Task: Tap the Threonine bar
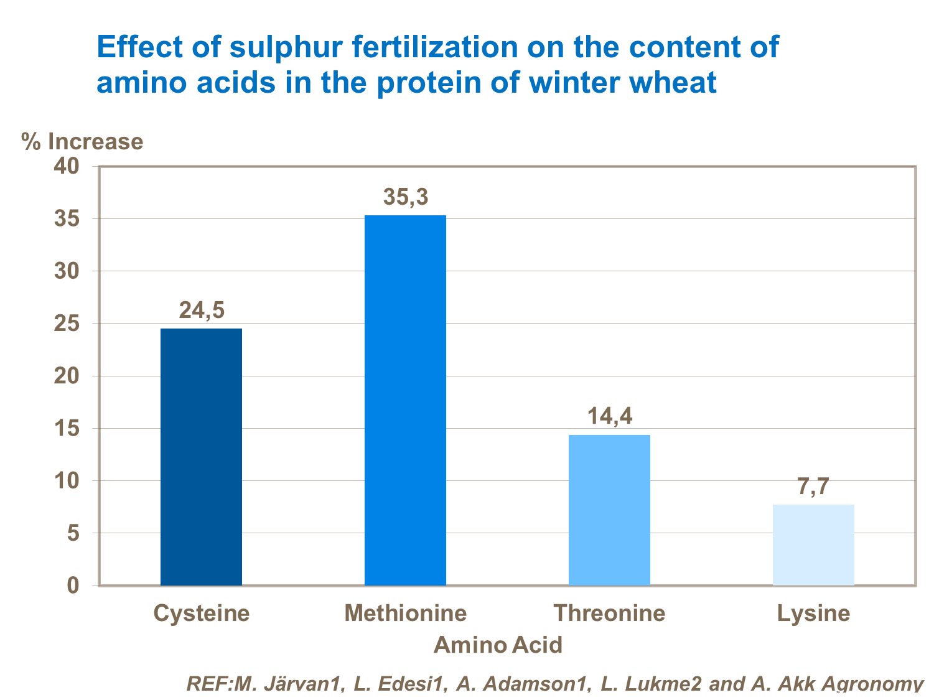pyautogui.click(x=609, y=510)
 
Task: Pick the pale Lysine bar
pyautogui.click(x=813, y=544)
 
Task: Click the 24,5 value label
pyautogui.click(x=202, y=310)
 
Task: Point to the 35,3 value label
pyautogui.click(x=405, y=197)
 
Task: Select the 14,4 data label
pyautogui.click(x=610, y=416)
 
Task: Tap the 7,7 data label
pyautogui.click(x=813, y=486)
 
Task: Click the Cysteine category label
pyautogui.click(x=202, y=613)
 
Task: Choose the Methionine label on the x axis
pyautogui.click(x=406, y=613)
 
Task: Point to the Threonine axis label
pyautogui.click(x=610, y=613)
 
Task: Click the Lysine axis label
pyautogui.click(x=813, y=613)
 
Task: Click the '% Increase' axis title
pyautogui.click(x=82, y=141)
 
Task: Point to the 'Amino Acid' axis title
pyautogui.click(x=498, y=645)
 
